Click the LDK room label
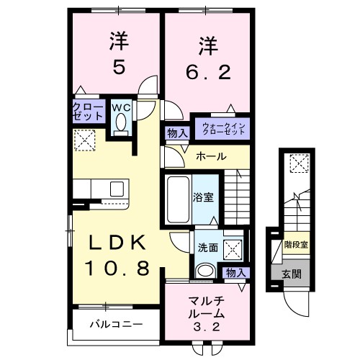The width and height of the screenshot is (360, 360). [x=120, y=243]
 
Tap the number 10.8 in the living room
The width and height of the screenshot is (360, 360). [x=120, y=269]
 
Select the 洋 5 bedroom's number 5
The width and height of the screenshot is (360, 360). [x=117, y=66]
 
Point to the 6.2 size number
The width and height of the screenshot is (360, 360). [x=207, y=71]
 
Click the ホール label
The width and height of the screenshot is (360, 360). [x=211, y=156]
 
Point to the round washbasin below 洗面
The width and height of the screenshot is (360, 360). [x=206, y=270]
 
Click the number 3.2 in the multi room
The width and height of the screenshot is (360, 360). [x=206, y=328]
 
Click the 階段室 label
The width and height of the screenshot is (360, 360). [x=295, y=246]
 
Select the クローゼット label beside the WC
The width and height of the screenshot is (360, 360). [x=87, y=112]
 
